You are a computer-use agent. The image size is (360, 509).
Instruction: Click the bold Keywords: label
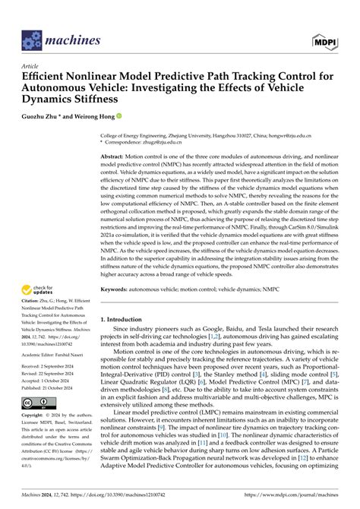point(120,289)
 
